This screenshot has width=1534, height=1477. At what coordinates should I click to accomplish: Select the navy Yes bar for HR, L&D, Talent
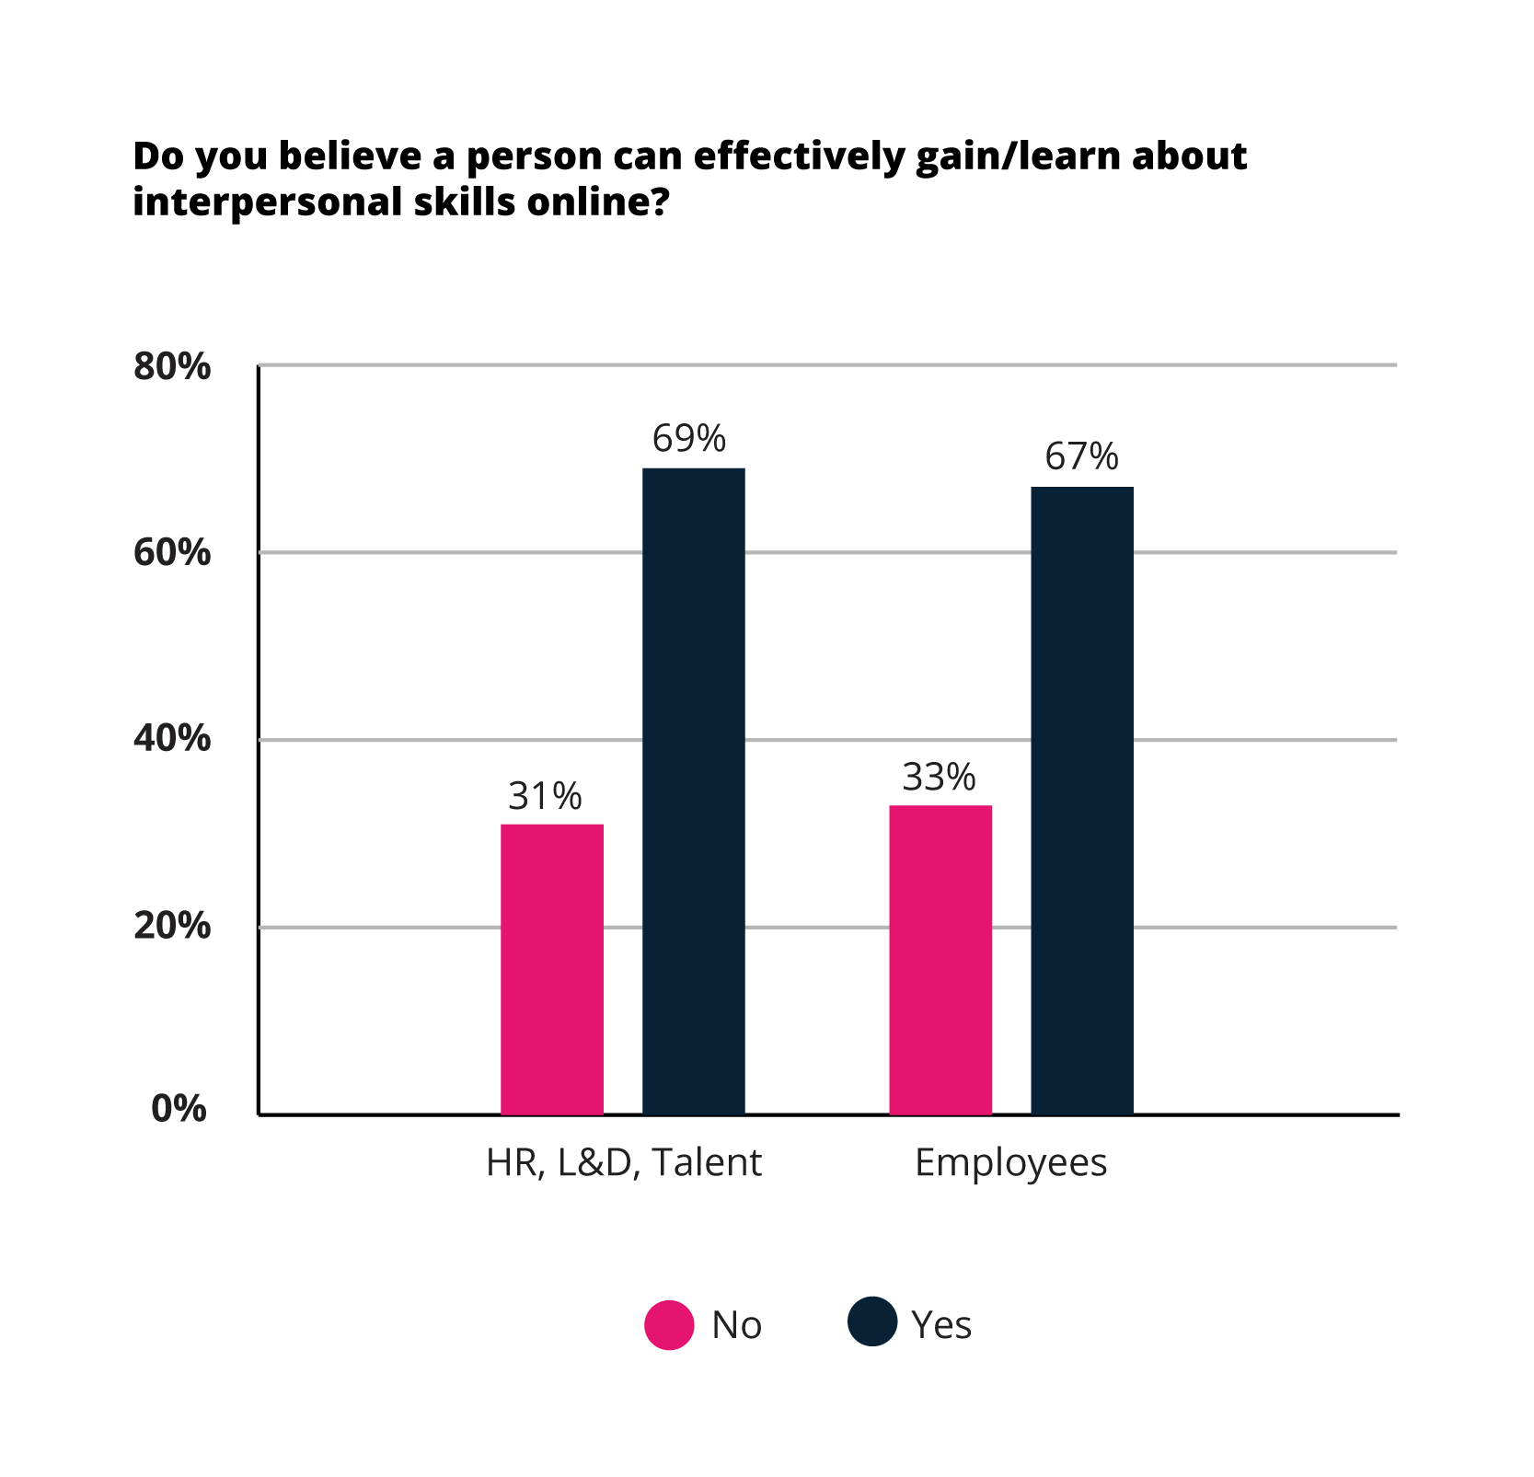[x=693, y=791]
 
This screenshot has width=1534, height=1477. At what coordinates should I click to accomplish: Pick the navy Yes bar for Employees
[x=1082, y=801]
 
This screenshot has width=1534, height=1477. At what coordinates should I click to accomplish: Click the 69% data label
[x=689, y=439]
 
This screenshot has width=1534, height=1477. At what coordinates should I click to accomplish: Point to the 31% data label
[x=545, y=796]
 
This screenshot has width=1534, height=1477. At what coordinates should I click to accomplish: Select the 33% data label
[x=939, y=778]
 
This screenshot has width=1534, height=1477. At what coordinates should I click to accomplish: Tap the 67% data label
[x=1081, y=457]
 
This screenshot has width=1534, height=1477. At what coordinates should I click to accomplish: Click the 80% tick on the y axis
[x=172, y=366]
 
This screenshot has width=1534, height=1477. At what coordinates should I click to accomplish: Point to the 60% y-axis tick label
[x=172, y=553]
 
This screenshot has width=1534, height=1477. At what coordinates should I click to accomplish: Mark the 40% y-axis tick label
[x=172, y=739]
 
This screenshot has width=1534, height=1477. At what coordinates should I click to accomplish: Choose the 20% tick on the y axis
[x=172, y=926]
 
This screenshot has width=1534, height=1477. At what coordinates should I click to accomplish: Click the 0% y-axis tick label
[x=179, y=1110]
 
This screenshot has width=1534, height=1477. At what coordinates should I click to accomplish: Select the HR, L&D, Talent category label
[x=624, y=1163]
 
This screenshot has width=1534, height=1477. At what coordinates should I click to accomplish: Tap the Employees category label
[x=1010, y=1163]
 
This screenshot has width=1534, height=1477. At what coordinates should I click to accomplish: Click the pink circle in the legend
[x=669, y=1325]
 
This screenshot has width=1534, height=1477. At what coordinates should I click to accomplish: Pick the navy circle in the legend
[x=872, y=1321]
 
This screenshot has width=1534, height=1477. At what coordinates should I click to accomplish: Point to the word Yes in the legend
[x=941, y=1325]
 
